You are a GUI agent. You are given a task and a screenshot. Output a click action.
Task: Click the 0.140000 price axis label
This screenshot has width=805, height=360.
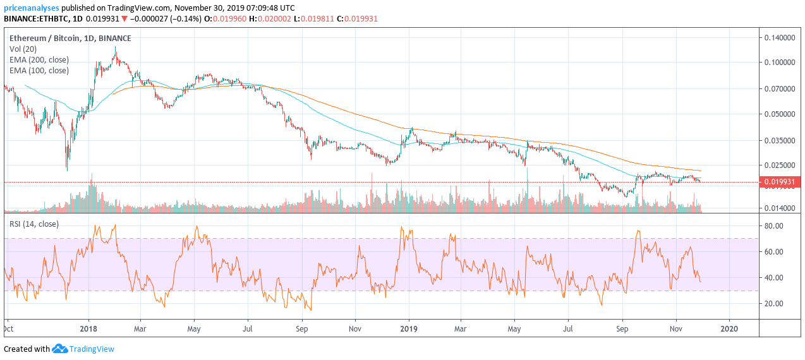[x=780, y=38]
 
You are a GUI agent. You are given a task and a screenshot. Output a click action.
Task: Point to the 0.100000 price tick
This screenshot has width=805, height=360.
[x=780, y=63]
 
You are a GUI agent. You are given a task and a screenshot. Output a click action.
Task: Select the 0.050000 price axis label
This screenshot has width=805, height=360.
[x=780, y=114]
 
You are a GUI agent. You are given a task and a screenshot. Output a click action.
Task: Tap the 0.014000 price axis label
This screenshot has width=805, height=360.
[x=780, y=208]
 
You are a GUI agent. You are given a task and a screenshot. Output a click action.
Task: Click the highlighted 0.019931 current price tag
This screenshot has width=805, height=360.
[x=780, y=183]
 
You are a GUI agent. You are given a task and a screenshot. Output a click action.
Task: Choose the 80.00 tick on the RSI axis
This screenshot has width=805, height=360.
[x=773, y=225]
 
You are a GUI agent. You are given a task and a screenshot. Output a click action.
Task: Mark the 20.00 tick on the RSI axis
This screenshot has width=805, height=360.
[x=773, y=303]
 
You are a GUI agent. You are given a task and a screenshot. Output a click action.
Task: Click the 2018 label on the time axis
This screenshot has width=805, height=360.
[x=88, y=328]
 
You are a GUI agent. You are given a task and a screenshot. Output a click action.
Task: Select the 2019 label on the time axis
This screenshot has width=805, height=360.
[x=409, y=328]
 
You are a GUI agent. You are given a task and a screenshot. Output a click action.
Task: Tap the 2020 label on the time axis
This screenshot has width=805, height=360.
[x=729, y=328]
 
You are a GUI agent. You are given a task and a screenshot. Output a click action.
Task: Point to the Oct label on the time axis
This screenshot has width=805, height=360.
[x=9, y=328]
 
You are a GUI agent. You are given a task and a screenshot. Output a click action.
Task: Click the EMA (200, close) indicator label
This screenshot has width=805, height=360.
[x=39, y=60]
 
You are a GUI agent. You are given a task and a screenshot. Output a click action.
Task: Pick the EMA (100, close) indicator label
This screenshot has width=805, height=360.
[x=39, y=71]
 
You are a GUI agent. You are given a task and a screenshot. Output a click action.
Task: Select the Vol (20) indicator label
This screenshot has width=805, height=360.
[x=23, y=49]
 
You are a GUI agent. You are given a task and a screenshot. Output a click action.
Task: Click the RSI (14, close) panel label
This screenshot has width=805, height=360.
[x=33, y=224]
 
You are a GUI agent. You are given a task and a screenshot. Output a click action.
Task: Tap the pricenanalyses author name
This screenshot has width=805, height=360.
[x=32, y=8]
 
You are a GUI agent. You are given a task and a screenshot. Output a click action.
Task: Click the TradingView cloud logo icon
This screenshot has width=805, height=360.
[x=59, y=349]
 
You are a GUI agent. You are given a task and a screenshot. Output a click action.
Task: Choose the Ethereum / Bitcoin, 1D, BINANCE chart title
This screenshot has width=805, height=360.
[x=70, y=38]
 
